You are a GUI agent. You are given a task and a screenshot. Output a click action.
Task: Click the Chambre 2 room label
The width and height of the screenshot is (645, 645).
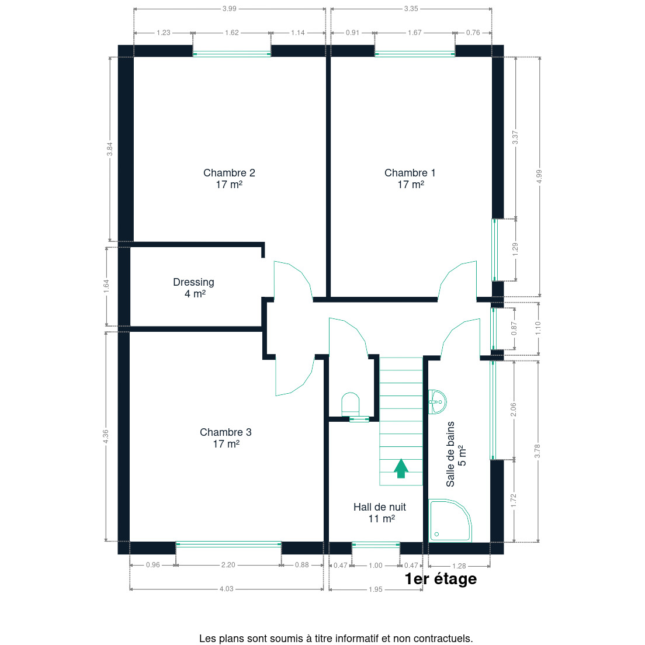[x=229, y=179]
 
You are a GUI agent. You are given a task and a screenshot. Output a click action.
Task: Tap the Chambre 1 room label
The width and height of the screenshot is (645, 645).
[x=410, y=179]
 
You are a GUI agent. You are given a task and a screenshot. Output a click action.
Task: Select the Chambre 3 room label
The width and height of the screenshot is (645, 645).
[x=226, y=438]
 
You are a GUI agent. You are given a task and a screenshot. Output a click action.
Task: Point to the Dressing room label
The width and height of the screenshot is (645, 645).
[x=194, y=287]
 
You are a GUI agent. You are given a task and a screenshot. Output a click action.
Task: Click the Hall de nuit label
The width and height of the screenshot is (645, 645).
[x=380, y=512]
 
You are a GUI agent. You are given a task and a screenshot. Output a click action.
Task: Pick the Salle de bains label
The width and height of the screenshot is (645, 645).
[x=456, y=454]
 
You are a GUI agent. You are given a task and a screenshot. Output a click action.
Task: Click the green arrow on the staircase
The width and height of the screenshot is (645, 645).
[x=401, y=469]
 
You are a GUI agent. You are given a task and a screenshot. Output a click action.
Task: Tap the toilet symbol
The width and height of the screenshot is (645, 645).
[x=351, y=404]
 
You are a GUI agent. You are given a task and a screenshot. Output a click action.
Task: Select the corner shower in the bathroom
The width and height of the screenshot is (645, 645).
[x=450, y=521]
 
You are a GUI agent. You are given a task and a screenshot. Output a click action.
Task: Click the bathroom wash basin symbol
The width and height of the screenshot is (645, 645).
[x=437, y=402]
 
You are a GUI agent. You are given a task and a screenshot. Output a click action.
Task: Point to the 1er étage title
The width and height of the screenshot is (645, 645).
[x=441, y=579]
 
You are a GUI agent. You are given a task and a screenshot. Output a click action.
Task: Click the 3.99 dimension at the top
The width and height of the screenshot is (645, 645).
[x=230, y=9]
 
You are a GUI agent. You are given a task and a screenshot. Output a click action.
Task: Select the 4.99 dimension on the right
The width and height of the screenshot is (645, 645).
[x=539, y=176]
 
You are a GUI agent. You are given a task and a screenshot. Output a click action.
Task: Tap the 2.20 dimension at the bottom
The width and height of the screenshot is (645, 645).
[x=228, y=565]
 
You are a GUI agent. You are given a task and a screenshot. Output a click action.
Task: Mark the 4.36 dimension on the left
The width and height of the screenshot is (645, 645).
[x=106, y=437]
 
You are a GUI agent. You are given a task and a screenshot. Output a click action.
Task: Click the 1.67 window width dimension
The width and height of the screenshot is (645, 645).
[x=415, y=33]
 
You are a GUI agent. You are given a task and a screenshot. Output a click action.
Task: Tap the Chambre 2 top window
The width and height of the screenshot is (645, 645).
[x=232, y=54]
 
